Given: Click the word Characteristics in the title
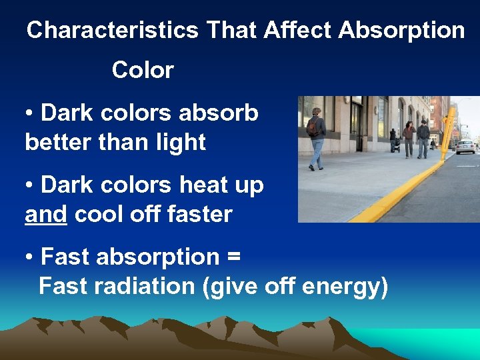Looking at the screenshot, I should pos(112,30).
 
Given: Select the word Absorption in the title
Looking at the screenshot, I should pos(401,30).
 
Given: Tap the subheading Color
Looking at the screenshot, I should pos(143,70).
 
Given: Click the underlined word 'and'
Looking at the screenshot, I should pos(46,215).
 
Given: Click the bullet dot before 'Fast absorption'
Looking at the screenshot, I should pos(30,257).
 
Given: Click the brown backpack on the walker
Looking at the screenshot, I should pos(312,127).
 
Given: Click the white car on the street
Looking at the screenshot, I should pos(465,146).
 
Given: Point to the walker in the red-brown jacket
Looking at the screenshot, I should pos(408,136).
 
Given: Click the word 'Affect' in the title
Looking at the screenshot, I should pos(298,30).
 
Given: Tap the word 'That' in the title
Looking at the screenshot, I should pos(231,30).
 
